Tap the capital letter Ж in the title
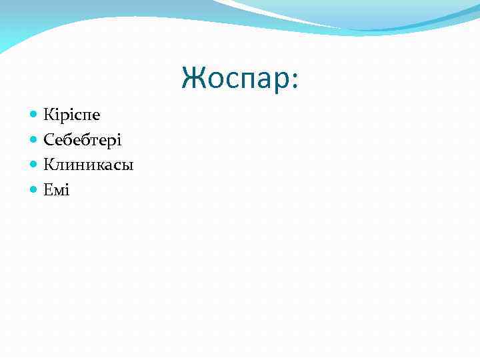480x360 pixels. pyautogui.click(x=192, y=78)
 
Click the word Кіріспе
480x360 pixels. pyautogui.click(x=72, y=115)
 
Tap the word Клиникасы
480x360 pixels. pyautogui.click(x=89, y=165)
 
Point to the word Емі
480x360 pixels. pyautogui.click(x=57, y=190)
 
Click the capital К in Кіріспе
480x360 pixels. pyautogui.click(x=49, y=115)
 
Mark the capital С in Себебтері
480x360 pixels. pyautogui.click(x=49, y=140)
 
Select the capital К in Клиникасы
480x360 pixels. pyautogui.click(x=49, y=165)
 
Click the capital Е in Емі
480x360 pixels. pyautogui.click(x=48, y=190)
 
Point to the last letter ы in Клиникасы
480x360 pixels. pyautogui.click(x=128, y=166)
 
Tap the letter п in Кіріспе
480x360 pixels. pyautogui.click(x=86, y=116)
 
